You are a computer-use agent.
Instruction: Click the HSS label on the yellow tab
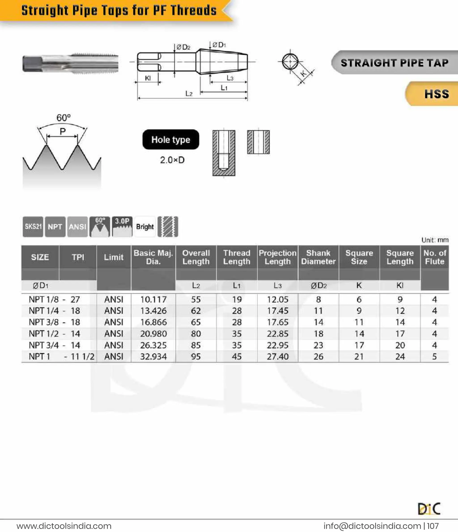pos(437,94)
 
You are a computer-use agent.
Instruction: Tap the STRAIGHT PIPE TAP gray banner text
pos(394,63)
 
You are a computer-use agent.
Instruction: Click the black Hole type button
pos(171,139)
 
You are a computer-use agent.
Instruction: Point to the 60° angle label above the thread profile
pos(63,118)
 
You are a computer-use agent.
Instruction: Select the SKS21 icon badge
pos(33,226)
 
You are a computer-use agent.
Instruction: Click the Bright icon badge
pos(145,226)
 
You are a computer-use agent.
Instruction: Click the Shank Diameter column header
pos(318,257)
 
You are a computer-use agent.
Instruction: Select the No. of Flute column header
pos(435,257)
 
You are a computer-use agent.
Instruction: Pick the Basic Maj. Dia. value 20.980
pos(153,333)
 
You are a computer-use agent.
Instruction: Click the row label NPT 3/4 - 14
pos(54,345)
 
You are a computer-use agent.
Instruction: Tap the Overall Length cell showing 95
pos(196,356)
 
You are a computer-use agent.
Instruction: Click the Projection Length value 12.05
pos(278,299)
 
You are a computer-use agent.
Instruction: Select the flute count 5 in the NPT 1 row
pos(434,356)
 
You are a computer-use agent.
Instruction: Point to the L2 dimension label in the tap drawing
pos(189,94)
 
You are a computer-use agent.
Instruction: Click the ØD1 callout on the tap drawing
pos(219,45)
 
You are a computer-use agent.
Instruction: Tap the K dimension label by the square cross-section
pos(303,74)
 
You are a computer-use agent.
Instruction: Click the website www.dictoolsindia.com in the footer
pos(64,526)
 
